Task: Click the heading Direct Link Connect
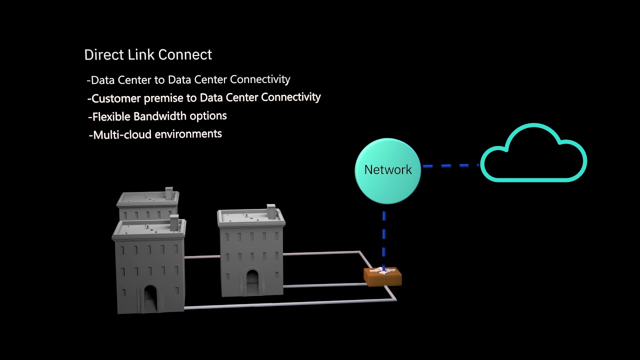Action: (x=148, y=55)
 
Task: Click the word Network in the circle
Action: (x=388, y=170)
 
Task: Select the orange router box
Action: (x=382, y=276)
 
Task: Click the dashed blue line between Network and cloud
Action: (x=450, y=165)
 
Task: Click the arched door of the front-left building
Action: (x=149, y=298)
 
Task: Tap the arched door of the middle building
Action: (x=252, y=282)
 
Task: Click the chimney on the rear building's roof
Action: (x=169, y=193)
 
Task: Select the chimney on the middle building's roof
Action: (x=271, y=211)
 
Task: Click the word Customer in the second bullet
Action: (x=116, y=98)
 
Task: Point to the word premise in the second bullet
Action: (x=163, y=98)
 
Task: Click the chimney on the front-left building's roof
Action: (x=174, y=223)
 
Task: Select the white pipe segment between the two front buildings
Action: (x=202, y=257)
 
